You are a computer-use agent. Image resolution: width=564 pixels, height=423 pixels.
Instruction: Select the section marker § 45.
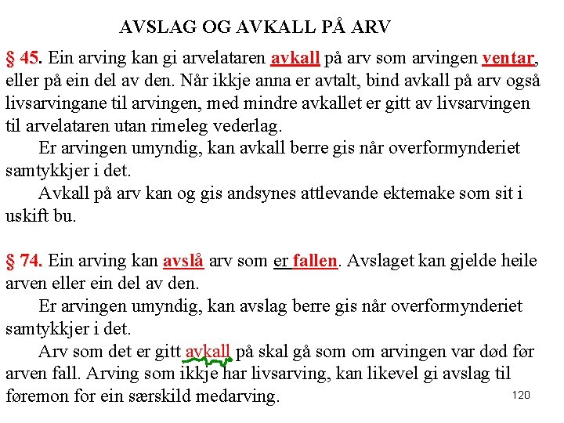click(23, 59)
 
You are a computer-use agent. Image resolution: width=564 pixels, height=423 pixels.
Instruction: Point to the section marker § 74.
click(23, 261)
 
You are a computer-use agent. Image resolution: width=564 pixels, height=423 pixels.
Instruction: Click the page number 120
click(521, 395)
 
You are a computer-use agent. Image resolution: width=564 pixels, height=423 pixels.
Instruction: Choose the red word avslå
click(183, 261)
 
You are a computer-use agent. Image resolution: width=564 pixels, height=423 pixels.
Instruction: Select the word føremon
click(37, 396)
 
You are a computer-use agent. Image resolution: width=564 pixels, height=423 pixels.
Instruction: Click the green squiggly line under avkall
click(206, 362)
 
